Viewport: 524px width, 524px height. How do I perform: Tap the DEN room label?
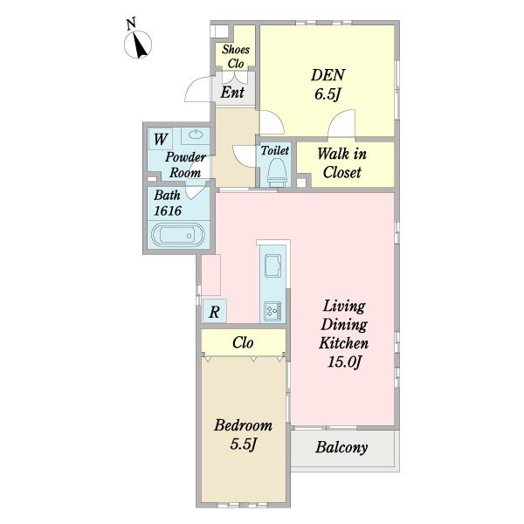pyautogui.click(x=327, y=75)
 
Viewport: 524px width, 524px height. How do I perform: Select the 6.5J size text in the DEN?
pyautogui.click(x=327, y=94)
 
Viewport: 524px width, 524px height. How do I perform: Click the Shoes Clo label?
pyautogui.click(x=236, y=57)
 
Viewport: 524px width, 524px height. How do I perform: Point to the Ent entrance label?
pyautogui.click(x=232, y=93)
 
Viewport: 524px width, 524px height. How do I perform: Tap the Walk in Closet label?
pyautogui.click(x=341, y=163)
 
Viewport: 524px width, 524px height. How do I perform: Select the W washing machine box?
pyautogui.click(x=161, y=139)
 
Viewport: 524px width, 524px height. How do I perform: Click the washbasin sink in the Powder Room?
pyautogui.click(x=196, y=134)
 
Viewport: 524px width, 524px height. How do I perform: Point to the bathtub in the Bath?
pyautogui.click(x=177, y=235)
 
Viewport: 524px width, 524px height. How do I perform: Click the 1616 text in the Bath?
pyautogui.click(x=168, y=210)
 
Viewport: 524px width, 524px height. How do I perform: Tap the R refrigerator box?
pyautogui.click(x=215, y=311)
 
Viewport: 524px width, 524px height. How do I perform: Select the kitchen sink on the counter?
pyautogui.click(x=272, y=265)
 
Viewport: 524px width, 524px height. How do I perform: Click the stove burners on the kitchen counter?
pyautogui.click(x=272, y=311)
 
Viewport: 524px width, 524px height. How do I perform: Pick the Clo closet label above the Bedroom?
pyautogui.click(x=243, y=342)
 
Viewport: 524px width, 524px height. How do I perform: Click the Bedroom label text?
pyautogui.click(x=244, y=425)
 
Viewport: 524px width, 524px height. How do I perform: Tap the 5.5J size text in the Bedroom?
pyautogui.click(x=243, y=445)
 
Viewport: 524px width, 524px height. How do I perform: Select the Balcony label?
pyautogui.click(x=341, y=447)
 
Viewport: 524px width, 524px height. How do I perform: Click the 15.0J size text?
pyautogui.click(x=344, y=362)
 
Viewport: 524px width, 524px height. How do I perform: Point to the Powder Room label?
pyautogui.click(x=185, y=165)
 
